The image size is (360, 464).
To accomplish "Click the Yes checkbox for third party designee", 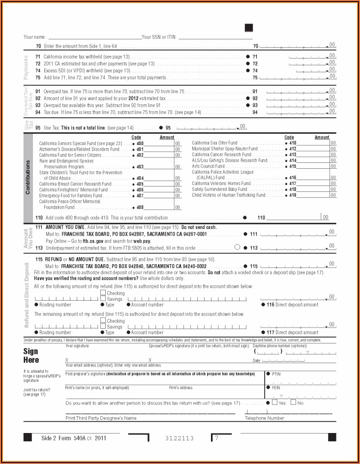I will (274, 402).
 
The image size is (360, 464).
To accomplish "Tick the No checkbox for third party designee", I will (294, 402).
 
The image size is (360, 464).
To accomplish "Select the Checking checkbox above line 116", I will (103, 293).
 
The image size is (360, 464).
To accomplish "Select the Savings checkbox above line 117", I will (103, 327).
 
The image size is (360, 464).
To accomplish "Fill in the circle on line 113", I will (238, 247).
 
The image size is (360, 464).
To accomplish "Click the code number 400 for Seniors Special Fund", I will (140, 143).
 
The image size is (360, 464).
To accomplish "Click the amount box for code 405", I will (160, 184).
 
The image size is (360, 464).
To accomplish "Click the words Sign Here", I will (30, 356).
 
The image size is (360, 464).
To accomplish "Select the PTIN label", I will (276, 374).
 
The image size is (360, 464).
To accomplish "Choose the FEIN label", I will (275, 388).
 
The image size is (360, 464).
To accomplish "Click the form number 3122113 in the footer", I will (179, 438).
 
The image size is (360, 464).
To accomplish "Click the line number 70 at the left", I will (38, 46).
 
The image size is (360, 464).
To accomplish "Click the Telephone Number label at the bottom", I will (265, 418).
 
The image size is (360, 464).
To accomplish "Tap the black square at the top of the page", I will (249, 28).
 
